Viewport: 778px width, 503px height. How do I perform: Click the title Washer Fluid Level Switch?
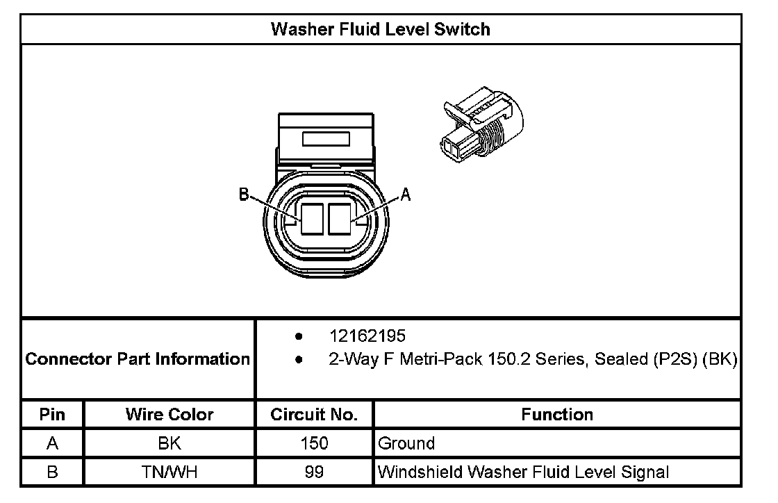[380, 29]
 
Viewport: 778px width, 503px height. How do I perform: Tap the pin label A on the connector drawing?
[406, 196]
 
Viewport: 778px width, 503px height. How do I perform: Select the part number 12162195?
[367, 337]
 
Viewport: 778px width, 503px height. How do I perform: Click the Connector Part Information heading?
[138, 359]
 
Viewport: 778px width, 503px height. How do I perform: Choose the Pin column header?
[52, 415]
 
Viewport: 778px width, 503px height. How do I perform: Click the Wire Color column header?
[169, 415]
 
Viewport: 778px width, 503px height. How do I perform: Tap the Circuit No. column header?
[315, 415]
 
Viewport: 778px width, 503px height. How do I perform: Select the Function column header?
[557, 415]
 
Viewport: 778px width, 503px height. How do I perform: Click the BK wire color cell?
[169, 443]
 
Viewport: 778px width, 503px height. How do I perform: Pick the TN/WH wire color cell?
[169, 472]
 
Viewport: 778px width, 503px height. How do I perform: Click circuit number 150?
[315, 443]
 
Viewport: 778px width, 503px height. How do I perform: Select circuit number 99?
[315, 472]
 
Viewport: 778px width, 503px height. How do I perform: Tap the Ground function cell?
[406, 443]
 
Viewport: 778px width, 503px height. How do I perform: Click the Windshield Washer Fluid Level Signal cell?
[523, 472]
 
